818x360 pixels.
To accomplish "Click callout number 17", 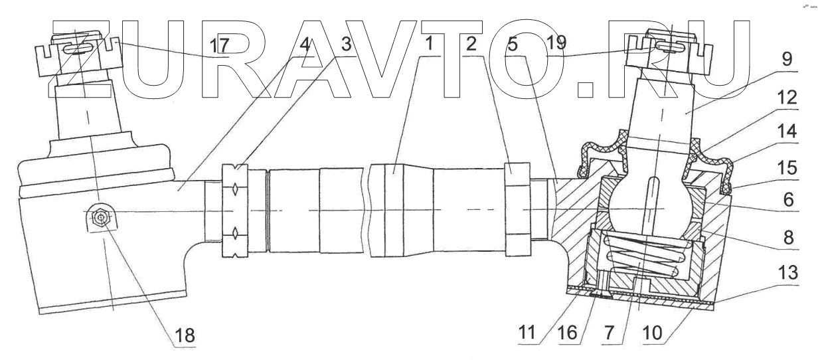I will [220, 46].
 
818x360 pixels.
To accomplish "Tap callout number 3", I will [345, 46].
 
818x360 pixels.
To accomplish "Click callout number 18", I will [186, 335].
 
